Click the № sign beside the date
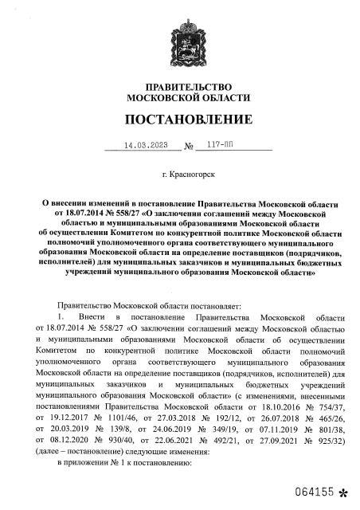pyautogui.click(x=189, y=147)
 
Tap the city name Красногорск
pyautogui.click(x=187, y=172)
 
